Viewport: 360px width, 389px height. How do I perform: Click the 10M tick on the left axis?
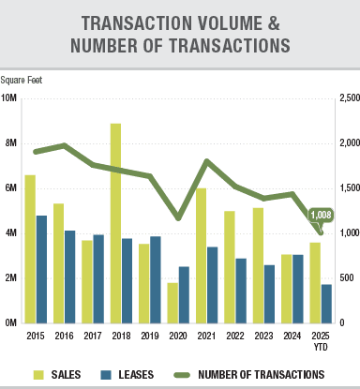pos(8,97)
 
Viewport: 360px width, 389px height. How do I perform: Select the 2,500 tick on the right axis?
pos(348,97)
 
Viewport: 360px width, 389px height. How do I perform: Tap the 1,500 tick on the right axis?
pos(348,187)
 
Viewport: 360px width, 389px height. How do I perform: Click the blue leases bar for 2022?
pos(241,290)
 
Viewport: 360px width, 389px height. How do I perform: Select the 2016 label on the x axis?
pos(65,336)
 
